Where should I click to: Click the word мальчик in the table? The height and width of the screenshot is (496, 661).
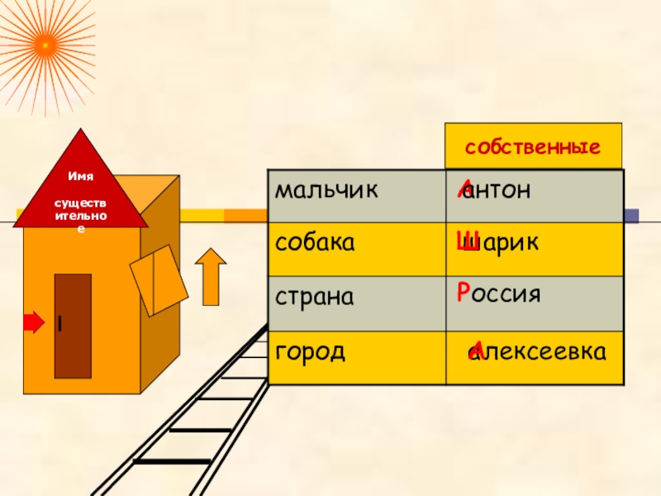click(x=326, y=192)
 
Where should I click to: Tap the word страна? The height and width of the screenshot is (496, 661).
click(x=315, y=296)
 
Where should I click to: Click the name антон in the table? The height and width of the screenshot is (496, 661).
click(x=497, y=192)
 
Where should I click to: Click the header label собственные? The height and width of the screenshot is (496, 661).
click(x=532, y=149)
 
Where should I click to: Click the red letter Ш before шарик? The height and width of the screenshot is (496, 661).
click(x=464, y=241)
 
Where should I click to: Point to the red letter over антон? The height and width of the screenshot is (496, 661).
click(x=465, y=189)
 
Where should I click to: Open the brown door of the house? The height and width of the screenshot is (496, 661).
click(x=73, y=326)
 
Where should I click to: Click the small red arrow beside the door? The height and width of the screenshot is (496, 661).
click(x=33, y=322)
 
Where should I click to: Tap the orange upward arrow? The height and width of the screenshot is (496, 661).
click(x=212, y=279)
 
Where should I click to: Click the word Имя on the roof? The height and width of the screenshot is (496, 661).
click(x=80, y=177)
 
